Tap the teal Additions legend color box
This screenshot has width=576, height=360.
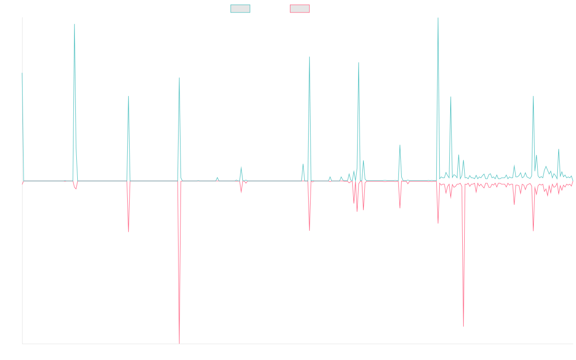tap(240, 9)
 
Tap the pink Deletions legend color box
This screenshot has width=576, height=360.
tap(300, 9)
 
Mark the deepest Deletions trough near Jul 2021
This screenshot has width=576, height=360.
tap(180, 343)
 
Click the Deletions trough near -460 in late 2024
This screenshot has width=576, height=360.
tap(464, 326)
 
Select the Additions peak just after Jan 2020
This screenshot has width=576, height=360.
tap(74, 24)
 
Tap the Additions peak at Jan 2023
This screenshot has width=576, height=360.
tap(309, 57)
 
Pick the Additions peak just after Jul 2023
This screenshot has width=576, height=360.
tap(359, 62)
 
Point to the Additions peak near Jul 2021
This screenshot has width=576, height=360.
tap(179, 78)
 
